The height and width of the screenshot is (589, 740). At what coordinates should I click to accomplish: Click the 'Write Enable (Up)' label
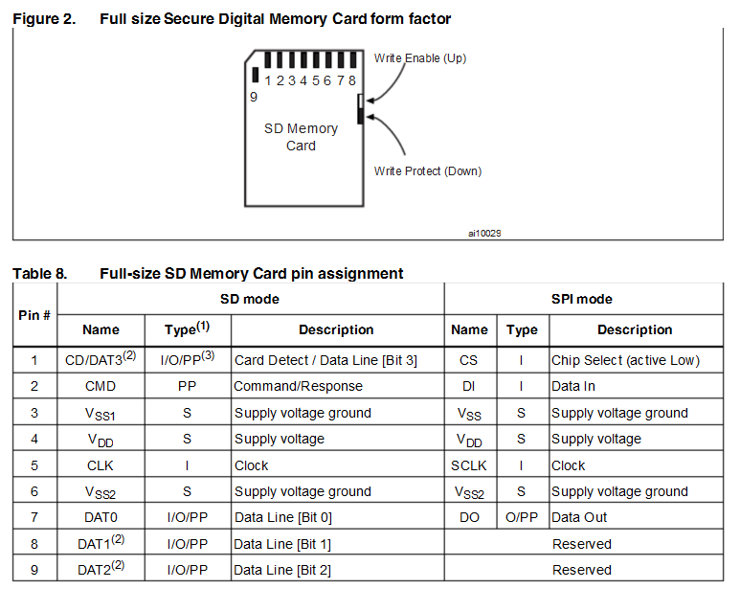(419, 58)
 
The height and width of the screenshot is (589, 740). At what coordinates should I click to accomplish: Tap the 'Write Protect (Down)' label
(427, 171)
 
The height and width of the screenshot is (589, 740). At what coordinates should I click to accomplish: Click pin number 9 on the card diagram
(253, 97)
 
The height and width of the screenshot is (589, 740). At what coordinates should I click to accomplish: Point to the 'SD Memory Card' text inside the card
(301, 137)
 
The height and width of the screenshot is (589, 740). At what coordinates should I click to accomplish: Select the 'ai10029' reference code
(484, 233)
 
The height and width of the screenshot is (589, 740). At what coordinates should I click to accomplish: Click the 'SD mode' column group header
(250, 299)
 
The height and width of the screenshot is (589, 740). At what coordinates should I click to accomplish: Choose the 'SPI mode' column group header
(582, 299)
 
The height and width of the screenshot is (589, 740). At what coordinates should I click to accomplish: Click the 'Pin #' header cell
(34, 314)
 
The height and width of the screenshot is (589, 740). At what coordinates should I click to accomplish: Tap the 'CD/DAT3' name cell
(100, 360)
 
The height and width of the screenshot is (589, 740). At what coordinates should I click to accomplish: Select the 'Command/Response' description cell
(298, 387)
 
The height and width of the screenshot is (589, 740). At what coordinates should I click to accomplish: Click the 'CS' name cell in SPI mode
(469, 360)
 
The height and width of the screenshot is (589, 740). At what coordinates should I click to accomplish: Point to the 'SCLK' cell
(469, 465)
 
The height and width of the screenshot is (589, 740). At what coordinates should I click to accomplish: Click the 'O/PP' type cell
(522, 517)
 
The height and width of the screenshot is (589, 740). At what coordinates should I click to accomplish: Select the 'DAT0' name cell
(101, 517)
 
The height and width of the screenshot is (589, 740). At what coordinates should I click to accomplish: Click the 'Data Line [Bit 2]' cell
(283, 570)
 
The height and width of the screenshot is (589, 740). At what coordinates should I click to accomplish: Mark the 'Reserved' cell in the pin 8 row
(581, 544)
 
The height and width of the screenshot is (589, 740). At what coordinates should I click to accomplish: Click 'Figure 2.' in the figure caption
(44, 19)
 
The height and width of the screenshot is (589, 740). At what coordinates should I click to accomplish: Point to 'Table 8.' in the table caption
(40, 274)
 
